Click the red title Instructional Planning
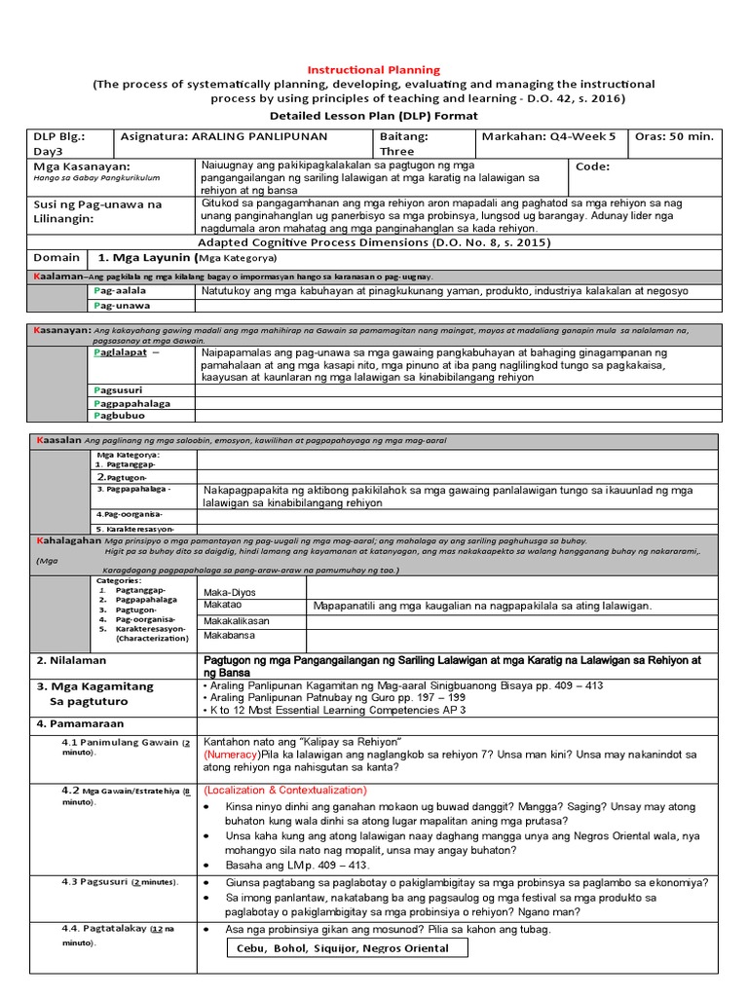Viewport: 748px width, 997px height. point(374,70)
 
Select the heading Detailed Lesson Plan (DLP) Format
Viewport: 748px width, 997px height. point(374,115)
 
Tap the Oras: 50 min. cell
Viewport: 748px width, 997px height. point(675,136)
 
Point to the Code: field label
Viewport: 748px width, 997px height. point(593,166)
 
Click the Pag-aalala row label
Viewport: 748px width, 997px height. point(120,291)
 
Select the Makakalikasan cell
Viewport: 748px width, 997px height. point(237,621)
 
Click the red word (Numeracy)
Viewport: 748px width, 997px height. point(232,755)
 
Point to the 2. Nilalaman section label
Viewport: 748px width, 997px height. point(71,660)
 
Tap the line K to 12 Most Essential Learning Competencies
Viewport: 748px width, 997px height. point(331,710)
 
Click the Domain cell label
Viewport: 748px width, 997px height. point(56,258)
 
